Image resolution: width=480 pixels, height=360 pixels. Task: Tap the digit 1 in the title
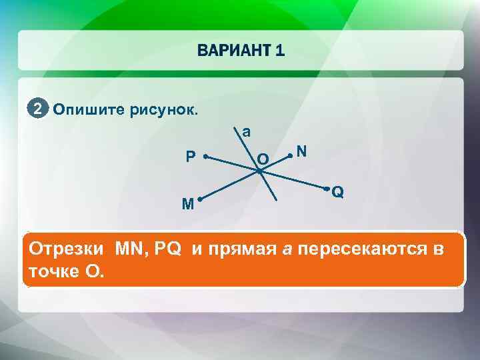279,51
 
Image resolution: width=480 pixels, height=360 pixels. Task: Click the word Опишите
81,109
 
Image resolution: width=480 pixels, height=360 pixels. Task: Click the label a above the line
247,132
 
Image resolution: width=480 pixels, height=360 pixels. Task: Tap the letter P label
191,157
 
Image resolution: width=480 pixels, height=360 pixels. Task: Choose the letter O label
263,159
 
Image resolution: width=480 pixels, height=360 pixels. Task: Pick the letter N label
302,152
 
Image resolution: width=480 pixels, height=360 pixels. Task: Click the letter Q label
338,192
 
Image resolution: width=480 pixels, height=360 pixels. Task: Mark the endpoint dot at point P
206,157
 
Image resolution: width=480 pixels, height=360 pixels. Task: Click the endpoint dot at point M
199,199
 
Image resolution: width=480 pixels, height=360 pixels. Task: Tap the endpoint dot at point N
290,156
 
